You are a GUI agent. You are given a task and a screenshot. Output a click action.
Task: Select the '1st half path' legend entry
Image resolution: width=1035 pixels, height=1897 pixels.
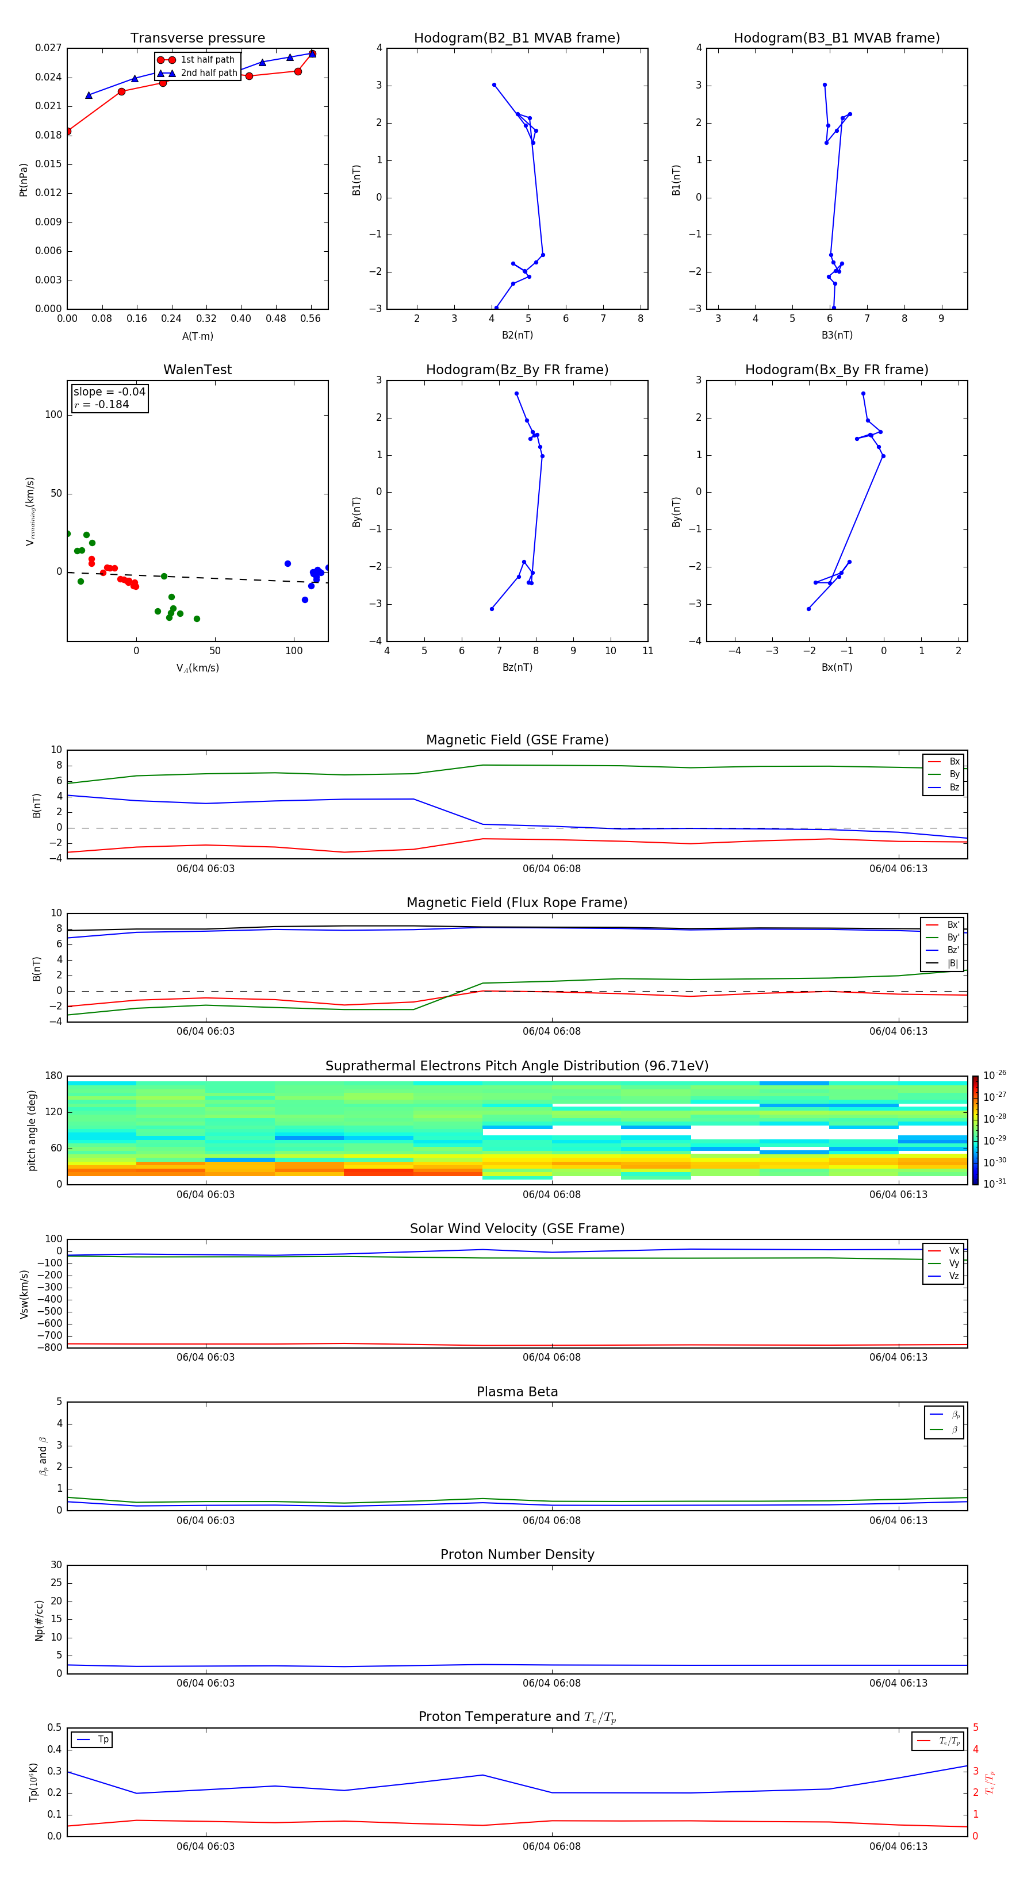(207, 60)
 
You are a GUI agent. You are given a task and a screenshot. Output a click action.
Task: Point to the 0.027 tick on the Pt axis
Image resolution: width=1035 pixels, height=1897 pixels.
(49, 48)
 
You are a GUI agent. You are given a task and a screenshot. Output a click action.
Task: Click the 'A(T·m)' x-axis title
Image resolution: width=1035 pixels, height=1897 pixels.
(197, 336)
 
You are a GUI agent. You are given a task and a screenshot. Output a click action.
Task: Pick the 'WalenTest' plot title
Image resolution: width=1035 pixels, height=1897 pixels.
(197, 370)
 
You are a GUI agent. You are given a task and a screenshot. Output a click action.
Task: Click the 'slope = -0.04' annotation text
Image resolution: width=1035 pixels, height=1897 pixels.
(109, 392)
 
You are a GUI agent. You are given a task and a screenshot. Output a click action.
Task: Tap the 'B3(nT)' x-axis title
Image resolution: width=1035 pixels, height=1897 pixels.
(837, 335)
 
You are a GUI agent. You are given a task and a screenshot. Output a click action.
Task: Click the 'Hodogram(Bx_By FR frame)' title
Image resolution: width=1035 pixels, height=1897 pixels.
(836, 370)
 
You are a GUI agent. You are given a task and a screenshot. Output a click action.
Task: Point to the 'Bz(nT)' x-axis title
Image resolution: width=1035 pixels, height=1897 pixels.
(517, 667)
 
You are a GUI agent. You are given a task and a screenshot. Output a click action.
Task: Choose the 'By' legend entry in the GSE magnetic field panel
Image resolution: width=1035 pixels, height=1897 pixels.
(954, 774)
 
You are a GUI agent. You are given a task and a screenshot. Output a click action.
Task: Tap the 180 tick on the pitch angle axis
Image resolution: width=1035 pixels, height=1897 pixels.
(54, 1076)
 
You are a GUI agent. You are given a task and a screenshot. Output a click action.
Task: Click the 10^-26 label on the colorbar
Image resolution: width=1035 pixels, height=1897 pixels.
(995, 1075)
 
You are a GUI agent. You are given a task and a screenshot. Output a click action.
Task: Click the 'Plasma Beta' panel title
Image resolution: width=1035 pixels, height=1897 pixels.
(517, 1392)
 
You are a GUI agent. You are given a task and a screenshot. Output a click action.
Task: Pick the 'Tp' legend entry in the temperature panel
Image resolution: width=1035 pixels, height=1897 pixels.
(103, 1739)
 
